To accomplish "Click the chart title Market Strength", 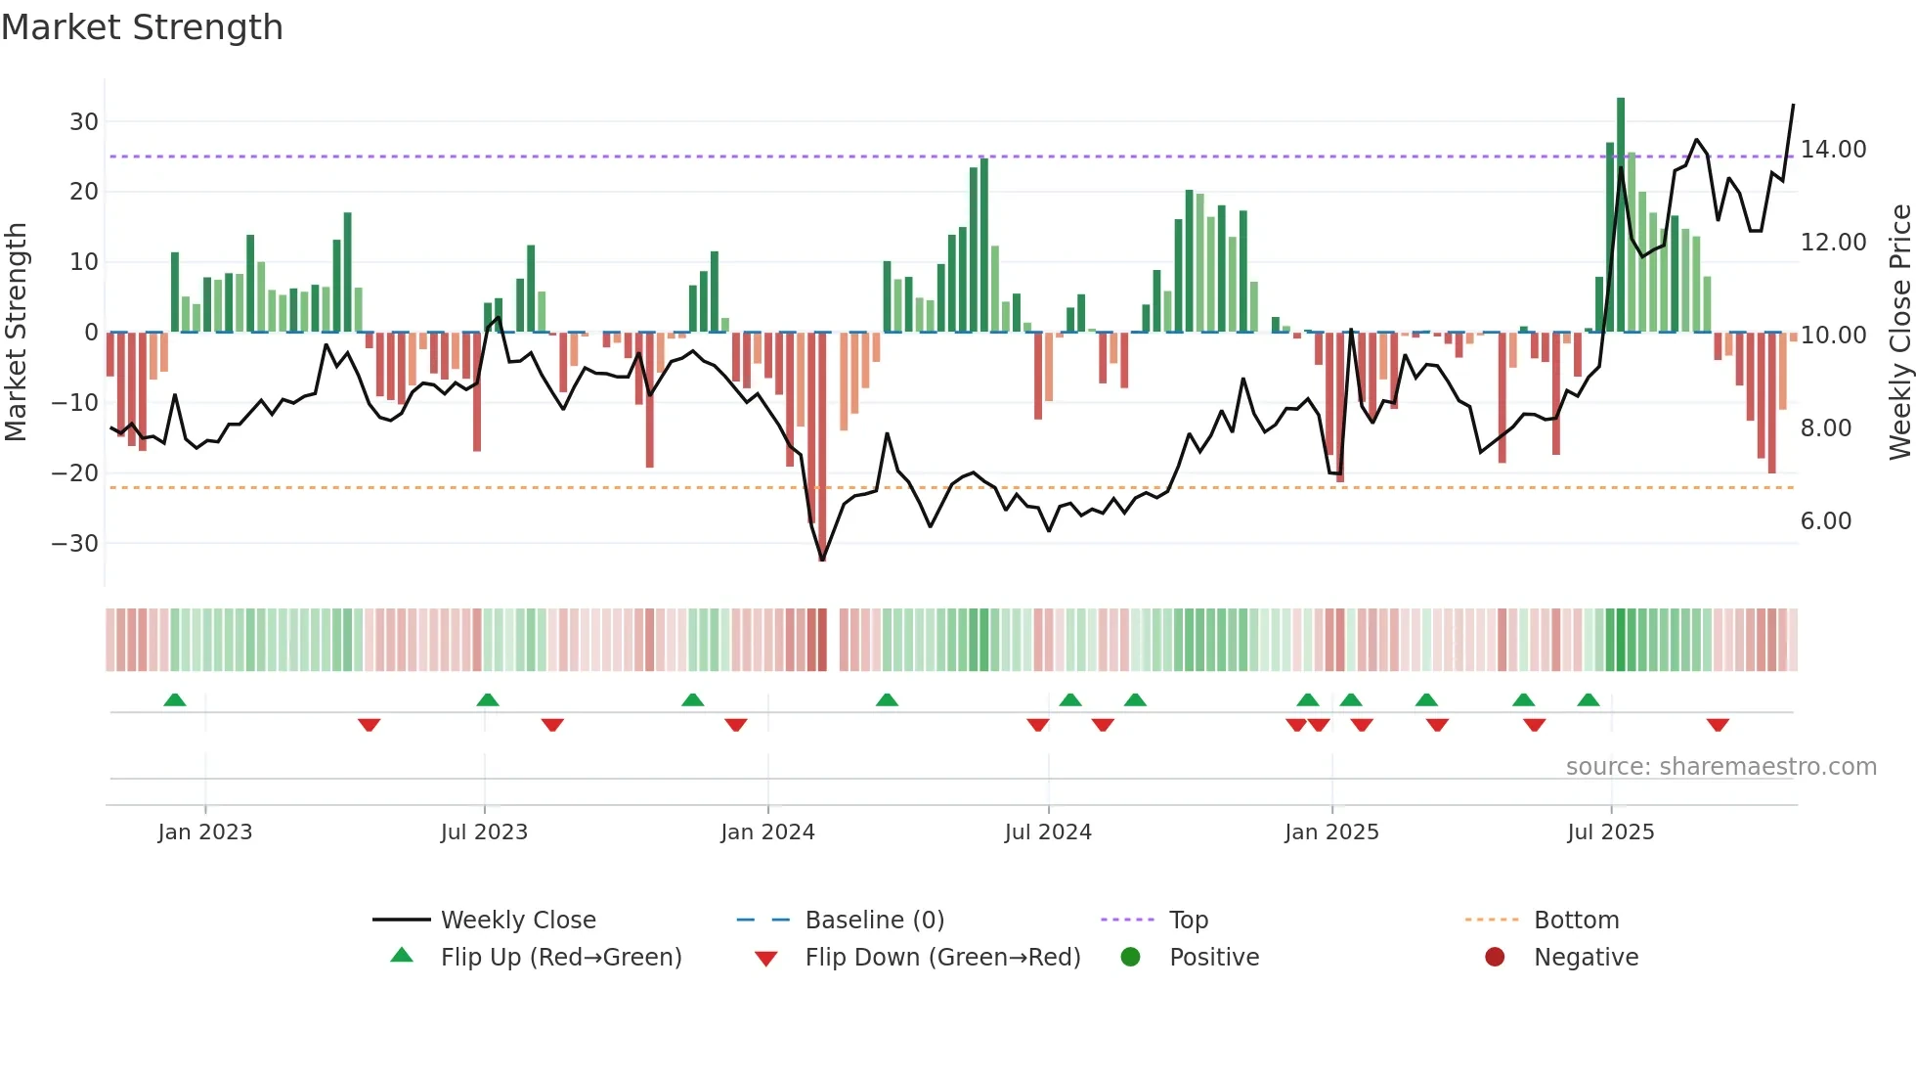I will (142, 27).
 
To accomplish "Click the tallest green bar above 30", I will (1621, 215).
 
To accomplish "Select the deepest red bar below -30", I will (822, 445).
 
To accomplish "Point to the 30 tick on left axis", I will (84, 122).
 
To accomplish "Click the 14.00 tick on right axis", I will (1833, 150).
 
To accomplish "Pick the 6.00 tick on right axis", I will (1826, 521).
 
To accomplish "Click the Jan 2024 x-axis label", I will (767, 832).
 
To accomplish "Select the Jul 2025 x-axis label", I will (1610, 832).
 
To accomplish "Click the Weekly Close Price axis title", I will (1899, 333).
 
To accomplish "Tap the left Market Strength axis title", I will (16, 333).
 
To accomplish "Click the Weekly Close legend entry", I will (518, 921).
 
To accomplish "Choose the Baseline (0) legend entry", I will (874, 921).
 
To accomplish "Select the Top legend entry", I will (1189, 921).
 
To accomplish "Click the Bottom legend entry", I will (1576, 921).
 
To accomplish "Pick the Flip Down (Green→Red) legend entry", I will (942, 958).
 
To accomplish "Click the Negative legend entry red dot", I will (1495, 958).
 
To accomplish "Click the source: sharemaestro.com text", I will (1720, 767).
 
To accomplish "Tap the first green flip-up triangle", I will (175, 700).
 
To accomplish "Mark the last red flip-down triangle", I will (1718, 725).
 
